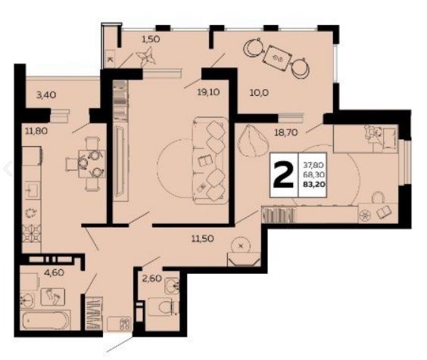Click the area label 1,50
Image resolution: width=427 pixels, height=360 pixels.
point(151,39)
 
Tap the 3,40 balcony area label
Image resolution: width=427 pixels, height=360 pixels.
point(46,95)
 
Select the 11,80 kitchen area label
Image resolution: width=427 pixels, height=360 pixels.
point(36,132)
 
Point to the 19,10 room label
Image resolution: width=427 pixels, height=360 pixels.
point(208,92)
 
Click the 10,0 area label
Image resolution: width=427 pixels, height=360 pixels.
point(259,93)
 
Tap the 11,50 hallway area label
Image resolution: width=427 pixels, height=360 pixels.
point(203,239)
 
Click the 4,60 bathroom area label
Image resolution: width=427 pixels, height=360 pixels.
point(55,272)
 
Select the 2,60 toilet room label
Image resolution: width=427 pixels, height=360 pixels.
point(152,278)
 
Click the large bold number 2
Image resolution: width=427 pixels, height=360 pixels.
point(283,175)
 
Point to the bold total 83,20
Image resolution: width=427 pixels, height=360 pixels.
point(313,185)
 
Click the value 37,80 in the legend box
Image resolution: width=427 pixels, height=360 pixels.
point(313,165)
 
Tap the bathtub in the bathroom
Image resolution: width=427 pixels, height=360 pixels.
point(45,319)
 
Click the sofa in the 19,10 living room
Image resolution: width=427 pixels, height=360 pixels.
point(210,160)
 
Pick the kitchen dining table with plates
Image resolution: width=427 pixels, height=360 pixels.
point(92,163)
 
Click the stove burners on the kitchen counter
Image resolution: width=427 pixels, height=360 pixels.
point(31,234)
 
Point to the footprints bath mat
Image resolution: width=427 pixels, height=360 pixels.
point(53,296)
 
